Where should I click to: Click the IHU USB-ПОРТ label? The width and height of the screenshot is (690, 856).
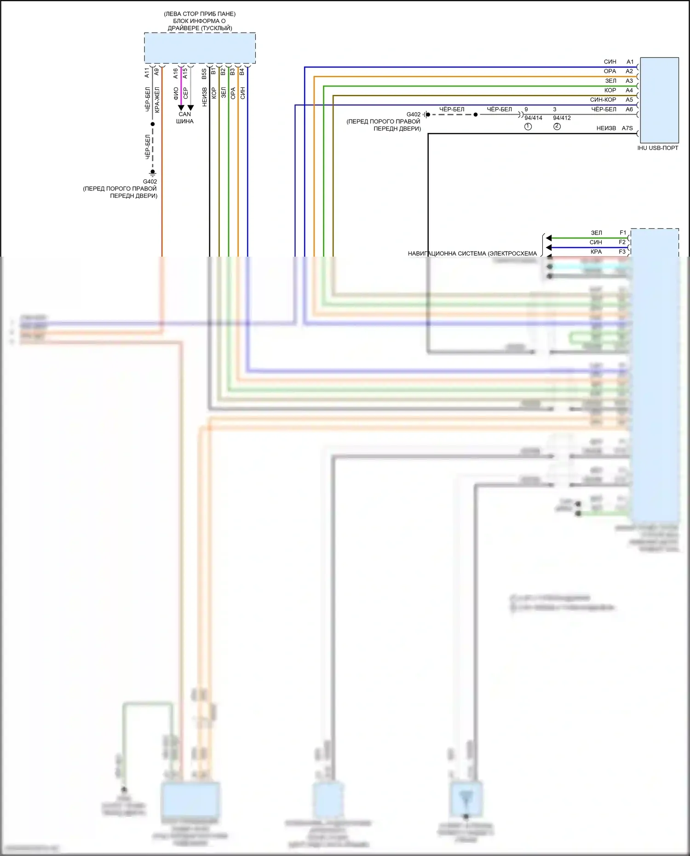tap(657, 148)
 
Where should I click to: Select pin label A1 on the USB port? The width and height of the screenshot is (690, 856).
tap(630, 62)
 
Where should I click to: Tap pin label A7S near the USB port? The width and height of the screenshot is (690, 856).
tap(627, 128)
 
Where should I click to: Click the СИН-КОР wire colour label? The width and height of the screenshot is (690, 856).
tap(603, 100)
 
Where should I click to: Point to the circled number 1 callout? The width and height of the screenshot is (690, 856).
tap(528, 126)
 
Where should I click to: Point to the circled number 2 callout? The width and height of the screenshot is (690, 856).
tap(557, 126)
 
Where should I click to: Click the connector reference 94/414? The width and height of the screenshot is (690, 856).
tap(533, 118)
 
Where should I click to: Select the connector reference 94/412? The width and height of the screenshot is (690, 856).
tap(562, 118)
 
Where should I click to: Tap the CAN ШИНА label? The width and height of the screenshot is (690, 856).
tap(184, 118)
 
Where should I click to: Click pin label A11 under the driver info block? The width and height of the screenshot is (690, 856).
tap(147, 72)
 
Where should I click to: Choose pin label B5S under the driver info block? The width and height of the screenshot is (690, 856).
tap(204, 74)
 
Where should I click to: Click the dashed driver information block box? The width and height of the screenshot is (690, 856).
tap(200, 48)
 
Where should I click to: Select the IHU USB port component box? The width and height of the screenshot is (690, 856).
tap(659, 100)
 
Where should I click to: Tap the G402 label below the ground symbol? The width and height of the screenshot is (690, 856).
tap(150, 182)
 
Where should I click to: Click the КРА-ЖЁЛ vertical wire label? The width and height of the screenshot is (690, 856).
tap(157, 100)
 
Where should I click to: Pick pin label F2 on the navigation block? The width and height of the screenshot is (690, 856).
tap(622, 242)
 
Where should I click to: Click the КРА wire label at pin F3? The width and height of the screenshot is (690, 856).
tap(596, 252)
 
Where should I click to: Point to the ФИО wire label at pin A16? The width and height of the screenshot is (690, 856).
tap(176, 93)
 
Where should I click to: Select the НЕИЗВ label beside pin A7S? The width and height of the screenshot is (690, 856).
tap(606, 128)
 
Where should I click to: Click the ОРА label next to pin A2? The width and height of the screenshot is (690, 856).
tap(609, 71)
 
